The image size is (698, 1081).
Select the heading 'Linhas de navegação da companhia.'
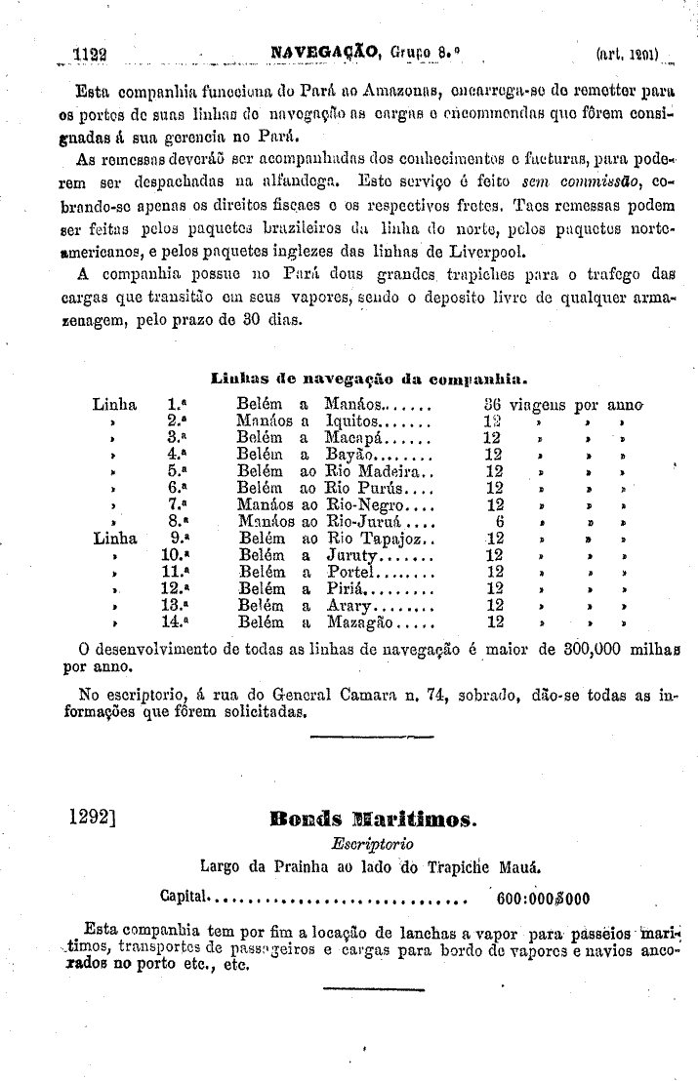coord(370,377)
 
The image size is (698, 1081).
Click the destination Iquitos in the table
coord(362,420)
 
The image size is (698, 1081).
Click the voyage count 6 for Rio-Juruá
coord(498,521)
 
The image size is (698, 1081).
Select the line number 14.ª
coord(173,621)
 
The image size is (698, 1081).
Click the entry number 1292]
coord(93,817)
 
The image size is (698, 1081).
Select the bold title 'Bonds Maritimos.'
coord(372,819)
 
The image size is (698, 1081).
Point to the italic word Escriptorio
coord(372,842)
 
